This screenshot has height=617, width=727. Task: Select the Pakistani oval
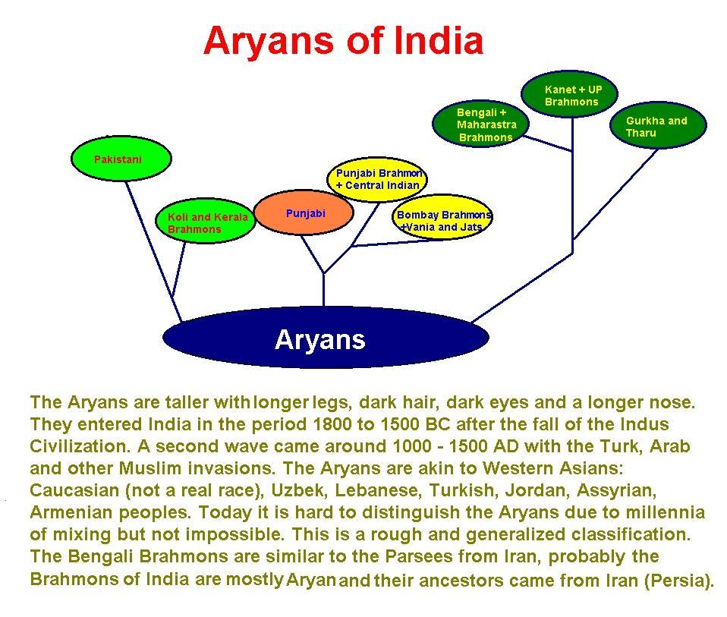[x=121, y=159]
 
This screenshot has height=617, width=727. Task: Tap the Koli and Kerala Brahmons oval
[x=205, y=222]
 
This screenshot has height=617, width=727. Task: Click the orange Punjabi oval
[x=304, y=212]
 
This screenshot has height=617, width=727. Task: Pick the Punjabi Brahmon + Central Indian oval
[x=377, y=179]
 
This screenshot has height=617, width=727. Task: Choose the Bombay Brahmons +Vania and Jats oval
[x=442, y=217]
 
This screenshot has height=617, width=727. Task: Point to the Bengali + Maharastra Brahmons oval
[x=481, y=124]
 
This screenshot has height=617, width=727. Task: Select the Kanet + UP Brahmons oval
[x=570, y=94]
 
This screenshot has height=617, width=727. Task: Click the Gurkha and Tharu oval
[x=658, y=125]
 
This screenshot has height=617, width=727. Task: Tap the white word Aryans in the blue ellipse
[x=320, y=340]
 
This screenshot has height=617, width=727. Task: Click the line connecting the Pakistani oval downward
[x=153, y=250]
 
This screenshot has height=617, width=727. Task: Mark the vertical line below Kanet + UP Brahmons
[x=573, y=185]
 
